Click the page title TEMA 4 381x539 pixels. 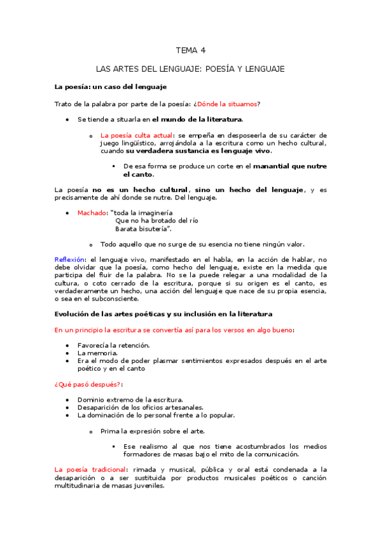click(x=190, y=50)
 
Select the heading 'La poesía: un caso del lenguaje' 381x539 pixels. click(x=110, y=86)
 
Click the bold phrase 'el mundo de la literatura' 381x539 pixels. click(x=197, y=119)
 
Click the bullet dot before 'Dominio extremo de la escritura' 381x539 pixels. click(x=68, y=400)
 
